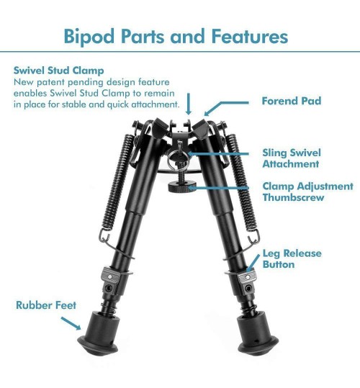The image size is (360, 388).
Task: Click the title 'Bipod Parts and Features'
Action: click(x=176, y=37)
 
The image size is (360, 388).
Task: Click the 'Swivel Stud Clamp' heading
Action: click(x=58, y=71)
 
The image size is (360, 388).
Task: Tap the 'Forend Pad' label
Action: click(x=292, y=101)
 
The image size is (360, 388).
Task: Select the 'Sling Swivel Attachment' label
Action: click(x=292, y=158)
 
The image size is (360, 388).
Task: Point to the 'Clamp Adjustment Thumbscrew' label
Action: click(x=307, y=191)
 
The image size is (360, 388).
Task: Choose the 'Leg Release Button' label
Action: click(x=292, y=258)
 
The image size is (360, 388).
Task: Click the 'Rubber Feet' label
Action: click(x=46, y=305)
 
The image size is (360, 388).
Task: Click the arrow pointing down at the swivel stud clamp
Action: click(x=189, y=104)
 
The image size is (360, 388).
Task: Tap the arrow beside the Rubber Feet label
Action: click(x=71, y=323)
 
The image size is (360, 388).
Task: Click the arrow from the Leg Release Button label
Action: click(x=253, y=263)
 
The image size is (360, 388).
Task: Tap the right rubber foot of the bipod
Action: click(x=257, y=333)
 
